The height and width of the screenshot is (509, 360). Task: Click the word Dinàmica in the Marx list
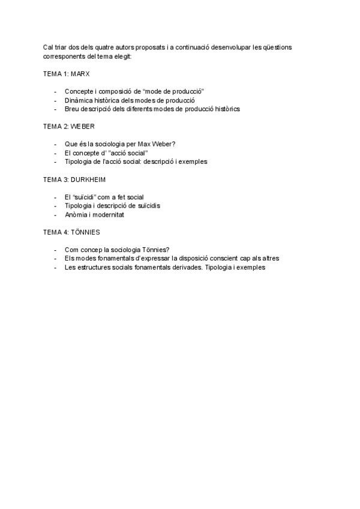pyautogui.click(x=79, y=100)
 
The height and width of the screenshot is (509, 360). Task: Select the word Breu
pyautogui.click(x=72, y=109)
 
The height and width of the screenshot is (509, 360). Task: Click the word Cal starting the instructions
pyautogui.click(x=48, y=47)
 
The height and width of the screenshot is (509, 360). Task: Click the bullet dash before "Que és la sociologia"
pyautogui.click(x=56, y=144)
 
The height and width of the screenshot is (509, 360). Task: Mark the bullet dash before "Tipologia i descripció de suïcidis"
pyautogui.click(x=56, y=206)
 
